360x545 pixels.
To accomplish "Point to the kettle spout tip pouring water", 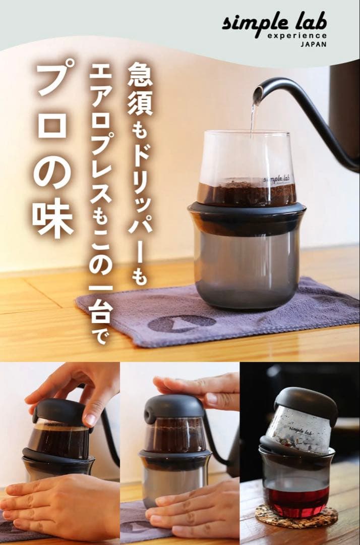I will click(258, 93).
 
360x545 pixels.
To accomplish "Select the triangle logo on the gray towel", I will click(182, 323).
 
